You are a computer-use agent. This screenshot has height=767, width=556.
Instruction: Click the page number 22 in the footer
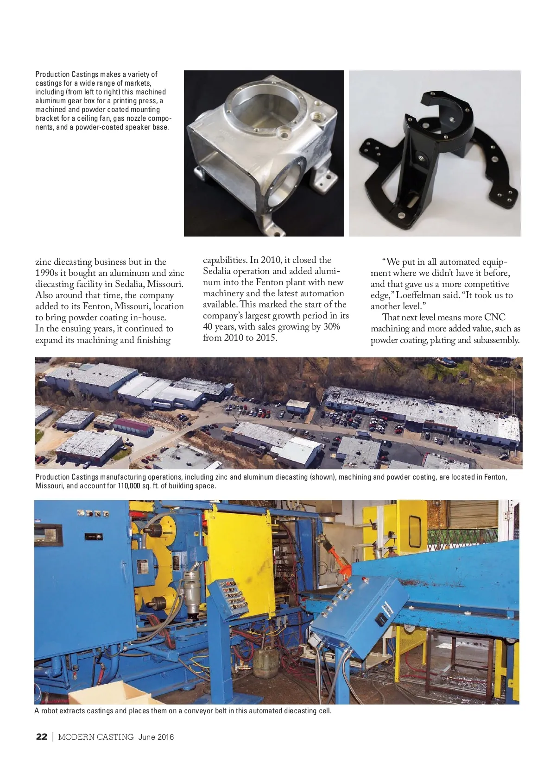tap(42, 737)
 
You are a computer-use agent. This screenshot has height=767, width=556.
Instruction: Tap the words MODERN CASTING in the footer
tap(96, 737)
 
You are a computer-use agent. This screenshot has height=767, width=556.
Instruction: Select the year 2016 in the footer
tap(165, 737)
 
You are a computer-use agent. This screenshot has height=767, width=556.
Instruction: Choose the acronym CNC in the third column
tap(494, 318)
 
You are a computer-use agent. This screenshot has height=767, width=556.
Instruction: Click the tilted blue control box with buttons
tap(357, 611)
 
